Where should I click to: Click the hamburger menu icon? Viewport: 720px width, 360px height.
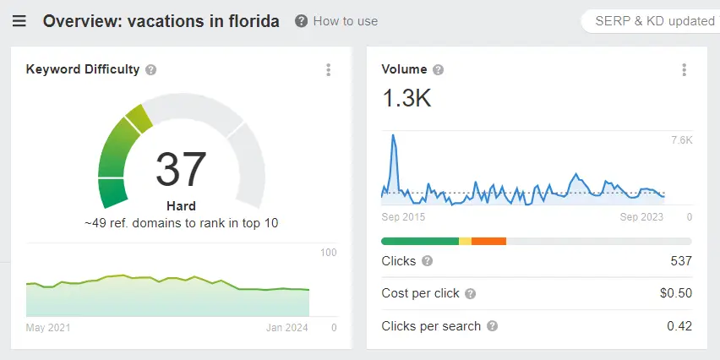coord(19,21)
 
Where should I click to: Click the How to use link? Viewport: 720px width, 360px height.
coord(336,21)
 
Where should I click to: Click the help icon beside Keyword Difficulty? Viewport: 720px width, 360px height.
coord(151,70)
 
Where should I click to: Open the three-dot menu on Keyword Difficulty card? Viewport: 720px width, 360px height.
coord(329,70)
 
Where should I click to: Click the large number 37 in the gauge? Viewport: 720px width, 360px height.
coord(181,169)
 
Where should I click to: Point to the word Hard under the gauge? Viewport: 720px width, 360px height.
coord(181,205)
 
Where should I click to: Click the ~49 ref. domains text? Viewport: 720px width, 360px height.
coord(181,223)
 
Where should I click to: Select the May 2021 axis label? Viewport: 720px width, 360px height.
coord(48,328)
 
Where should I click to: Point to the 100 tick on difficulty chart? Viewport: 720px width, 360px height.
coord(329,253)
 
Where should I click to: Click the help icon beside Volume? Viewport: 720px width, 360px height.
coord(439,70)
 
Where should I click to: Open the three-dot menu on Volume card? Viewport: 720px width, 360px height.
coord(684,70)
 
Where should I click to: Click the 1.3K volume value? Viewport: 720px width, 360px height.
coord(406,99)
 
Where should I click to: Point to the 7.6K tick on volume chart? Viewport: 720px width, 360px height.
coord(681,140)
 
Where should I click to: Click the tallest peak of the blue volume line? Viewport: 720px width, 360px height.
coord(393,135)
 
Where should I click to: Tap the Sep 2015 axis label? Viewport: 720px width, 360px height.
coord(403,217)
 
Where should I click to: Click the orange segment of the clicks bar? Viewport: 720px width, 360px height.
coord(488,242)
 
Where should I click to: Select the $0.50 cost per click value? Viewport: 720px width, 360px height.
coord(675,293)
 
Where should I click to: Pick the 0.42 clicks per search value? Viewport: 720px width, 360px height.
coord(679,325)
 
